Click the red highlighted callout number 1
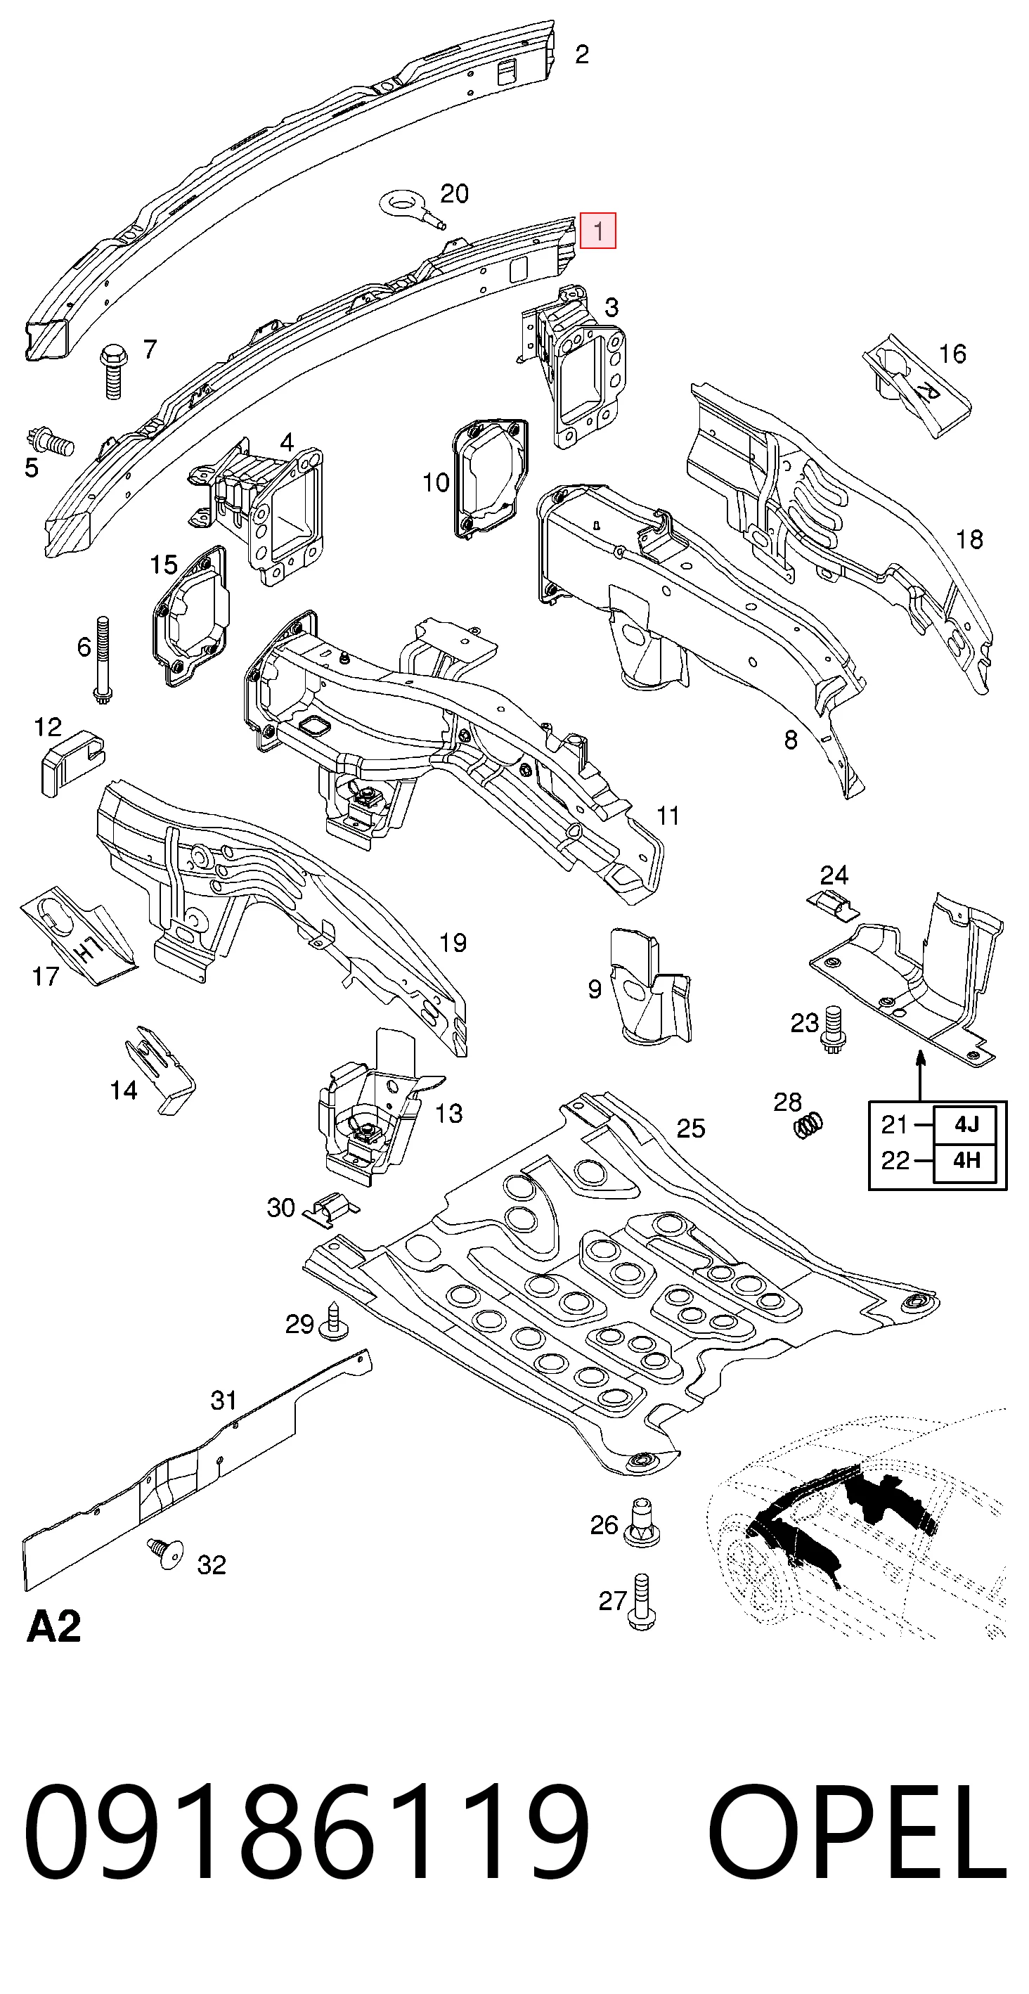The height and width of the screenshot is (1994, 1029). (598, 231)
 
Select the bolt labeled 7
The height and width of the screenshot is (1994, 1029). (113, 371)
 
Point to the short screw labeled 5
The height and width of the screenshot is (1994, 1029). (48, 442)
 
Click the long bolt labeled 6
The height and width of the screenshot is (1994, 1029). (102, 660)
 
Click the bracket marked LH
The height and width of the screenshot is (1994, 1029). (79, 937)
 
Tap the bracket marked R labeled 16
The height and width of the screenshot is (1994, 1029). (917, 385)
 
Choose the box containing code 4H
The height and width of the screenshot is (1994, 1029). (964, 1160)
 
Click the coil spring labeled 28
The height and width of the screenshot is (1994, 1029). (808, 1126)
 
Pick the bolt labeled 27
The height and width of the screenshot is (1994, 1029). (642, 1602)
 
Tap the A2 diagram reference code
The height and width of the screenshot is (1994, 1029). (53, 1627)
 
